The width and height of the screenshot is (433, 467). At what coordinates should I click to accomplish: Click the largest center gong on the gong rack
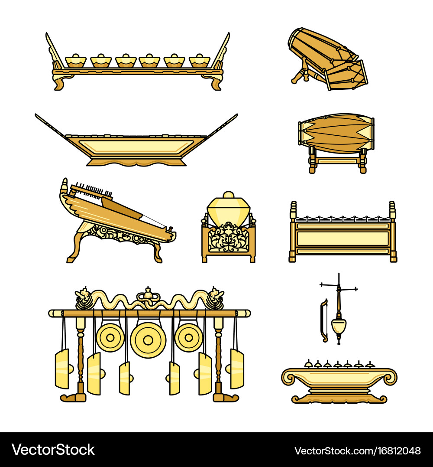coord(148,340)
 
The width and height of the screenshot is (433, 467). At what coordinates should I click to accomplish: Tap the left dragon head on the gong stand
coord(83,297)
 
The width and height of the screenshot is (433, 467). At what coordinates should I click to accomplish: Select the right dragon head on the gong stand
coord(215,297)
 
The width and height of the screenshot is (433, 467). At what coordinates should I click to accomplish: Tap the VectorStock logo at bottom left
coord(53,450)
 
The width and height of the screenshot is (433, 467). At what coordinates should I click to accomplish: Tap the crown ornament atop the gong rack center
coord(148,293)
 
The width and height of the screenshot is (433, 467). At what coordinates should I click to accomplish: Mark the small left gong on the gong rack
coord(110,337)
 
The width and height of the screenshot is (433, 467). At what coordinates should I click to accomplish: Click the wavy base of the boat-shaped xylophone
coord(136,162)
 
